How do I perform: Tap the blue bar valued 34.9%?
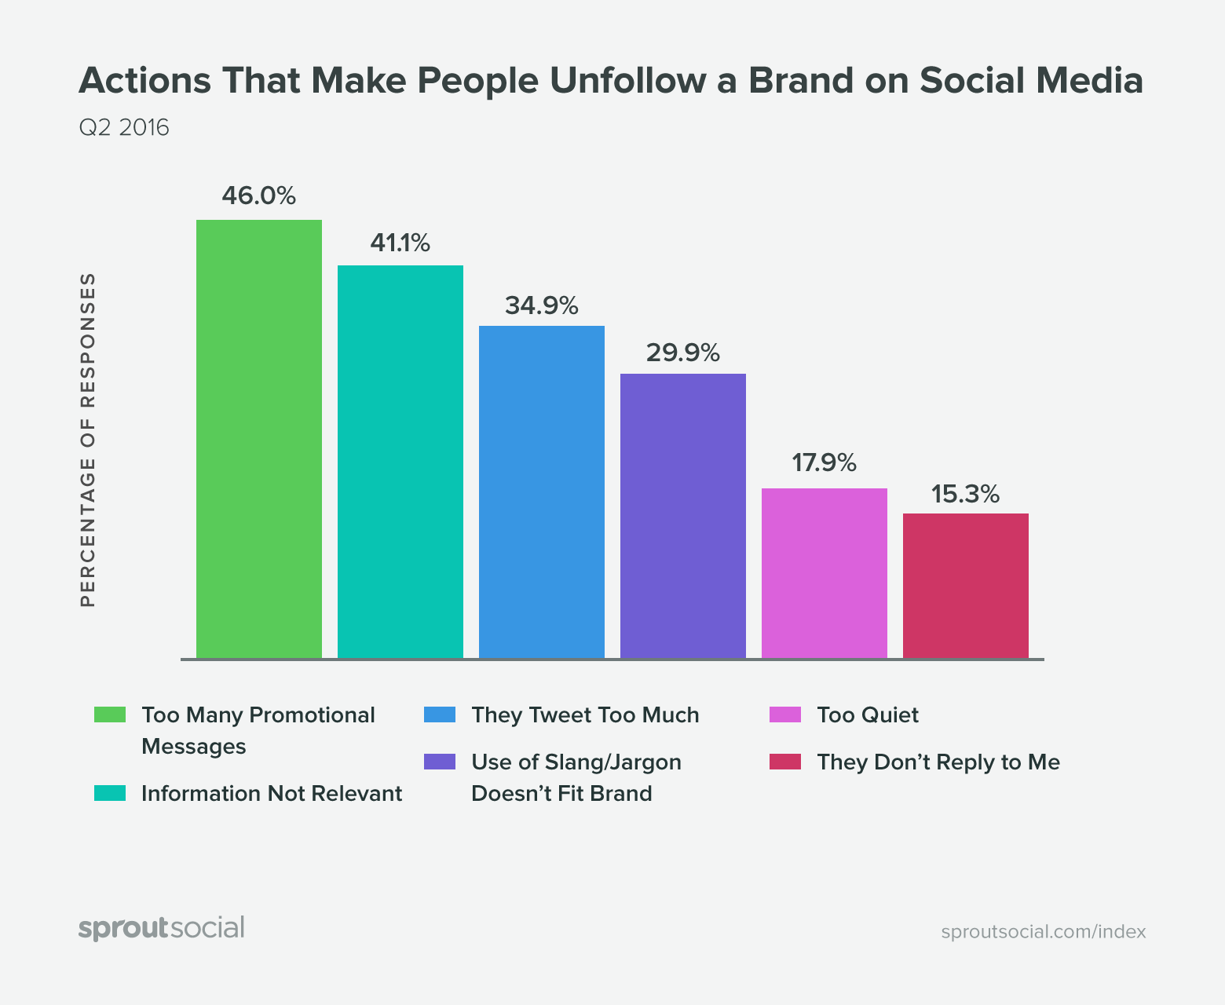pos(542,492)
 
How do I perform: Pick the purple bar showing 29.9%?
pos(683,515)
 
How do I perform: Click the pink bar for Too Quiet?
pos(825,572)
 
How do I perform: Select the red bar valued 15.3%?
pos(966,585)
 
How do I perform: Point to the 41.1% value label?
pos(400,243)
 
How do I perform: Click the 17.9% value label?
pos(824,463)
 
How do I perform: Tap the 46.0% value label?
pos(258,196)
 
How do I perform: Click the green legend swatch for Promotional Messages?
pos(110,714)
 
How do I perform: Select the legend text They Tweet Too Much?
pos(585,715)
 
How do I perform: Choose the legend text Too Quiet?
pos(867,715)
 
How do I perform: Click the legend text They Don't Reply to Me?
pos(938,762)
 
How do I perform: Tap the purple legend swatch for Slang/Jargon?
pos(439,762)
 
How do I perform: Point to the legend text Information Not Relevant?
pos(272,794)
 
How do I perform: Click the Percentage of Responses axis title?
pos(88,440)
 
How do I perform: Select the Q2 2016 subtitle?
pos(124,127)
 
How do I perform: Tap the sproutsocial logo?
pos(162,928)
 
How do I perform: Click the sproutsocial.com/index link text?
pos(1043,932)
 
